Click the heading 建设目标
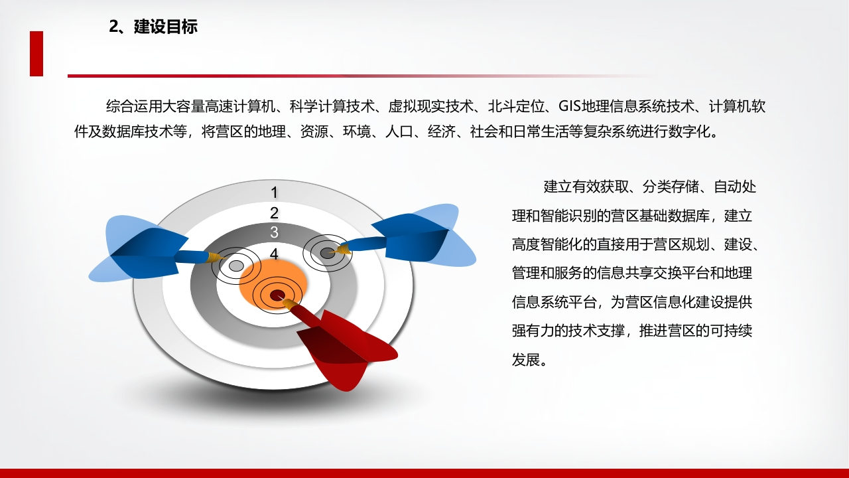tap(166, 27)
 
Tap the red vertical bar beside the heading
tap(36, 54)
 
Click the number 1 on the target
tap(275, 193)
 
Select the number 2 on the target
tap(274, 213)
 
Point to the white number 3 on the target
tap(274, 232)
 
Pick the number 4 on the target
tap(274, 254)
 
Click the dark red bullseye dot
tap(277, 294)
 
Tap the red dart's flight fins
tap(347, 349)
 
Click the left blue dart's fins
tap(139, 249)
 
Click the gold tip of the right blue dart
tap(340, 249)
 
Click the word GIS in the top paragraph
tap(570, 106)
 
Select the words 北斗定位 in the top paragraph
tap(516, 106)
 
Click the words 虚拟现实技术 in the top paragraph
tap(430, 106)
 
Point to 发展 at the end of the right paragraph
tap(526, 360)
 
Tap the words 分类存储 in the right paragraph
tap(671, 187)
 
